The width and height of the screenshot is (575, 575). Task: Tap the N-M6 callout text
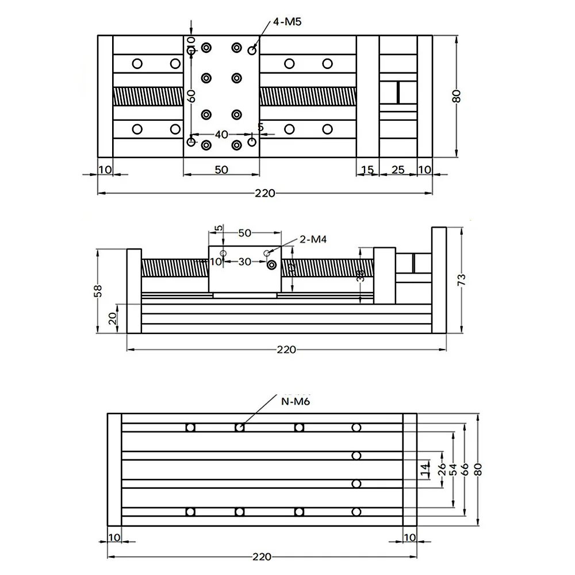296,401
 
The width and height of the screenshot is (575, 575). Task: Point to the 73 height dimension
461,280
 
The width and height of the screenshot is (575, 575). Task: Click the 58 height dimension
98,292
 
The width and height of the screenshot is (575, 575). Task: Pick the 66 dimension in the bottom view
466,470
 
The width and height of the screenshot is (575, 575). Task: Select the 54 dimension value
453,470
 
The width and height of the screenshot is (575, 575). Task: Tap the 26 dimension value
442,470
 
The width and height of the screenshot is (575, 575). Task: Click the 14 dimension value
425,470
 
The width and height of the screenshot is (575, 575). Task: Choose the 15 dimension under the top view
367,170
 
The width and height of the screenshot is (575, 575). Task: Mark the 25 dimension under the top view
398,170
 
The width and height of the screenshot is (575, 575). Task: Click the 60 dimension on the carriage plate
191,95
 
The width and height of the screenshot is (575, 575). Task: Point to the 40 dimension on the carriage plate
221,135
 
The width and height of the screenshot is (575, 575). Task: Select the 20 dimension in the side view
115,317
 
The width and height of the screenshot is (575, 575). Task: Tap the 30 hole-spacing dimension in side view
244,262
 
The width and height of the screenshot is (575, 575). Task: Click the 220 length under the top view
264,193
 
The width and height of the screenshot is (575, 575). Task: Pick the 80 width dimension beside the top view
456,95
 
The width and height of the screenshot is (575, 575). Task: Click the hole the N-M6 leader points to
240,427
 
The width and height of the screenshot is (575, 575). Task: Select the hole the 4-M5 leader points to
252,51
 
